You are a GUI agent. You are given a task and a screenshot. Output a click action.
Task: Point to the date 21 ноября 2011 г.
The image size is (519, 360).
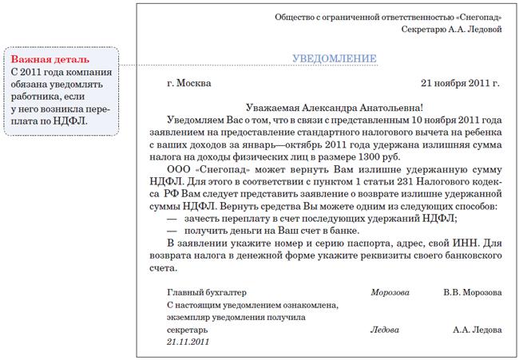tap(460, 82)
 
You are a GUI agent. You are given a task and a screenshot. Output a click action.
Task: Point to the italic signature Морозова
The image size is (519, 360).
tap(390, 292)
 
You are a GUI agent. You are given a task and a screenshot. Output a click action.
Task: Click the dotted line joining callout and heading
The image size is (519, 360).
tap(200, 65)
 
